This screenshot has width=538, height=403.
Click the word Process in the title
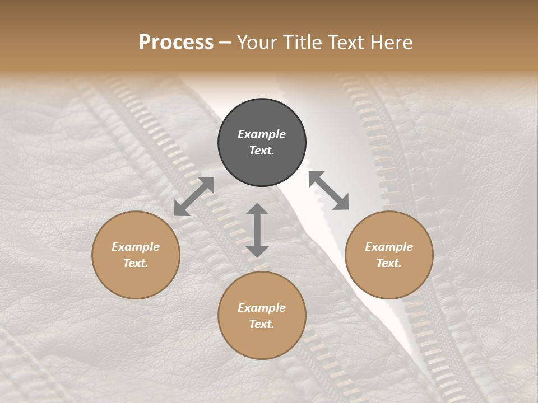click(x=176, y=43)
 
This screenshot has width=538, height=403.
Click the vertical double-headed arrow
click(x=257, y=231)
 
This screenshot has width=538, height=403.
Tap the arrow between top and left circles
click(x=194, y=196)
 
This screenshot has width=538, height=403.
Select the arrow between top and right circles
click(x=329, y=190)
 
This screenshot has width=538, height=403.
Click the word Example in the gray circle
click(x=262, y=134)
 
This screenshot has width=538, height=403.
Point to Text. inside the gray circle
click(x=262, y=151)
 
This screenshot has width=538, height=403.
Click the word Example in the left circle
click(x=136, y=247)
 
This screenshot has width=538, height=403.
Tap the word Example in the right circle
click(x=389, y=247)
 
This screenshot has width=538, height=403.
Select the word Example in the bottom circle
click(x=262, y=308)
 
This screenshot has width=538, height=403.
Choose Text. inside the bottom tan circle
click(x=262, y=324)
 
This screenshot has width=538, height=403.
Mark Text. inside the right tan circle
click(x=389, y=263)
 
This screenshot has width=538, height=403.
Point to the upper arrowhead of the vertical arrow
click(x=257, y=210)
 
